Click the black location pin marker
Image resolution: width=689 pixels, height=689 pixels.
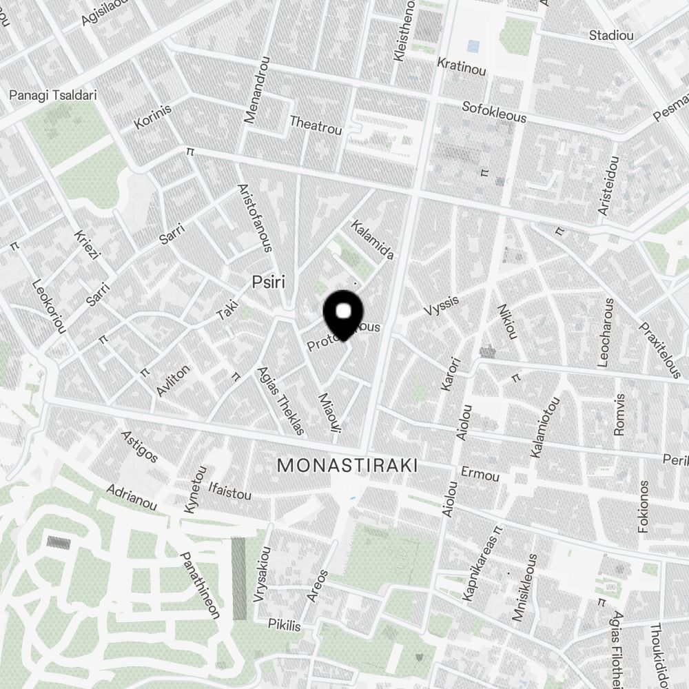pos(343,313)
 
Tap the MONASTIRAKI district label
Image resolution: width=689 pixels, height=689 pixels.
pos(347,466)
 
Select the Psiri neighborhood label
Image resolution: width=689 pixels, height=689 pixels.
pos(268,282)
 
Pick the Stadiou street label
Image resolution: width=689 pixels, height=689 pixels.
pos(611,35)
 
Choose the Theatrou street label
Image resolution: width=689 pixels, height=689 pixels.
pos(316,125)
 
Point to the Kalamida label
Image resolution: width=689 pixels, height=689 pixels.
pos(372,240)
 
